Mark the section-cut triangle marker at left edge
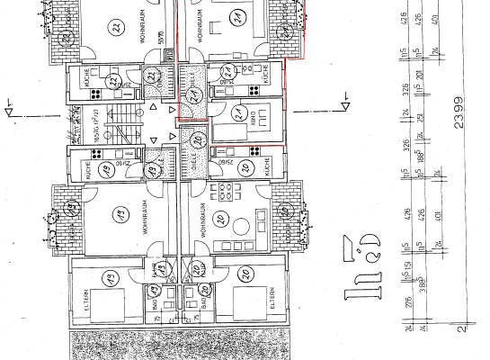[x=9, y=113]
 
